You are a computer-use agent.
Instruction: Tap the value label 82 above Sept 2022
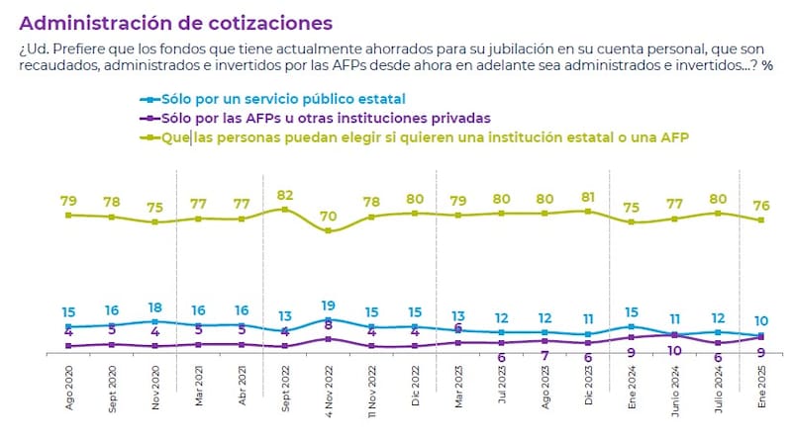click(284, 195)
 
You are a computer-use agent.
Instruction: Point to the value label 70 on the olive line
click(329, 216)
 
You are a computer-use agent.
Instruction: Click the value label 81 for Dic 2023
click(588, 196)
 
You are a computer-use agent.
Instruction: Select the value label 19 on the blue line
click(329, 306)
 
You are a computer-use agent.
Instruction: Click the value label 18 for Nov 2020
click(155, 308)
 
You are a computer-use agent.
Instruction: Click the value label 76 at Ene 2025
click(761, 206)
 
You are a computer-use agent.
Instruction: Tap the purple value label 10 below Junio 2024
click(674, 350)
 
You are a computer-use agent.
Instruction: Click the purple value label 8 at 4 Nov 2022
click(329, 323)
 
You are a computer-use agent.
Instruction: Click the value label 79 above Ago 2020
click(68, 200)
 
